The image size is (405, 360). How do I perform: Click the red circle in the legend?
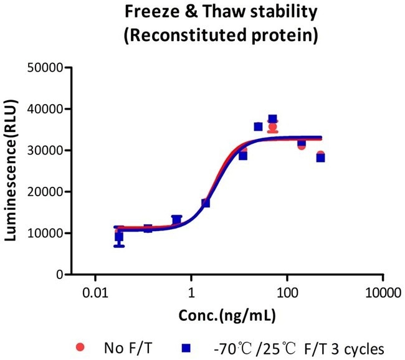(79, 346)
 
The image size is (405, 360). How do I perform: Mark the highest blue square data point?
(272, 119)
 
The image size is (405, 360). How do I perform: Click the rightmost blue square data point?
(320, 158)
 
